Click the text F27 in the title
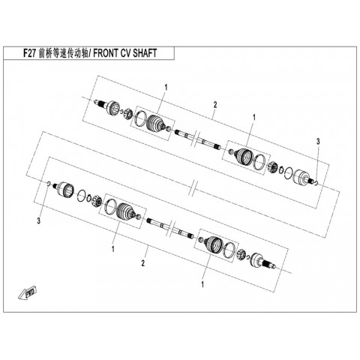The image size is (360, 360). click(x=30, y=53)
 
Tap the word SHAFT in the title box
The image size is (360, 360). click(x=145, y=53)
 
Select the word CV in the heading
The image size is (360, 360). click(x=124, y=53)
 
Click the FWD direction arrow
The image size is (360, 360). click(x=28, y=292)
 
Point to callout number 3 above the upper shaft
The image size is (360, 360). click(x=318, y=142)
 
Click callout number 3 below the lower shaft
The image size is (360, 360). click(x=39, y=220)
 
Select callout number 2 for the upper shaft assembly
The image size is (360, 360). click(x=215, y=105)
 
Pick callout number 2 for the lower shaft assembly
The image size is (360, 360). click(x=143, y=263)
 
